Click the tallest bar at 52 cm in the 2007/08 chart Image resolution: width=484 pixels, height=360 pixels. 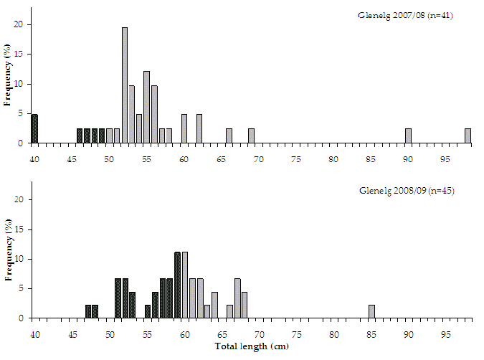click(x=125, y=85)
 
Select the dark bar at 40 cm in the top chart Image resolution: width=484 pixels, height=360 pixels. click(x=34, y=129)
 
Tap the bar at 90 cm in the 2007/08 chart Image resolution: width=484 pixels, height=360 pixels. click(x=408, y=136)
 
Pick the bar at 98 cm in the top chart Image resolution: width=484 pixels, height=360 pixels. click(x=468, y=136)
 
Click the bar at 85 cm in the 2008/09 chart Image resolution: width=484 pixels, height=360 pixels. click(x=371, y=311)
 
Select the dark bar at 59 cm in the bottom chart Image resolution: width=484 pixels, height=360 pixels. click(x=177, y=285)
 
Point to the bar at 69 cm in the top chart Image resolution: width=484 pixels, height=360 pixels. click(x=251, y=136)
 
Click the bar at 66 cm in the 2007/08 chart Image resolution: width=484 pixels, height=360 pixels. click(x=229, y=136)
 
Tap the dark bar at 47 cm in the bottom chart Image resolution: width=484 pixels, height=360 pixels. click(x=87, y=311)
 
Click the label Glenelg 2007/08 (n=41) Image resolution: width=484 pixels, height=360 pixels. click(x=395, y=15)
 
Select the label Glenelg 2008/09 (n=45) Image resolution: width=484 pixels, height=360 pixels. click(x=395, y=190)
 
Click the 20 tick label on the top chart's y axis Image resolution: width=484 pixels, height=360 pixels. click(x=21, y=24)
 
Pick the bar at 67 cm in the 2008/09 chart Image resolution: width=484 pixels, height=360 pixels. click(x=237, y=298)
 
